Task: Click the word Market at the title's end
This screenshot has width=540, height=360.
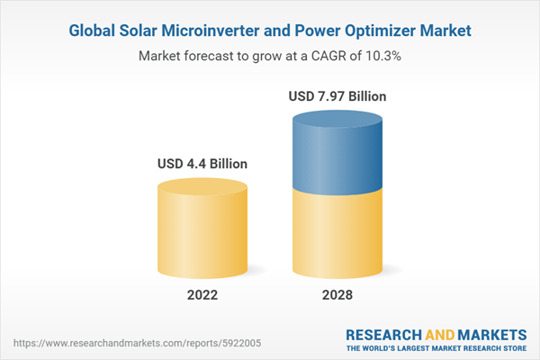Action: pyautogui.click(x=445, y=31)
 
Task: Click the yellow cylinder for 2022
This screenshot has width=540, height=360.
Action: pyautogui.click(x=202, y=229)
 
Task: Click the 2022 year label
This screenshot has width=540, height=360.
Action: pyautogui.click(x=202, y=294)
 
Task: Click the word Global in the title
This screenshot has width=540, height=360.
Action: pyautogui.click(x=92, y=31)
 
